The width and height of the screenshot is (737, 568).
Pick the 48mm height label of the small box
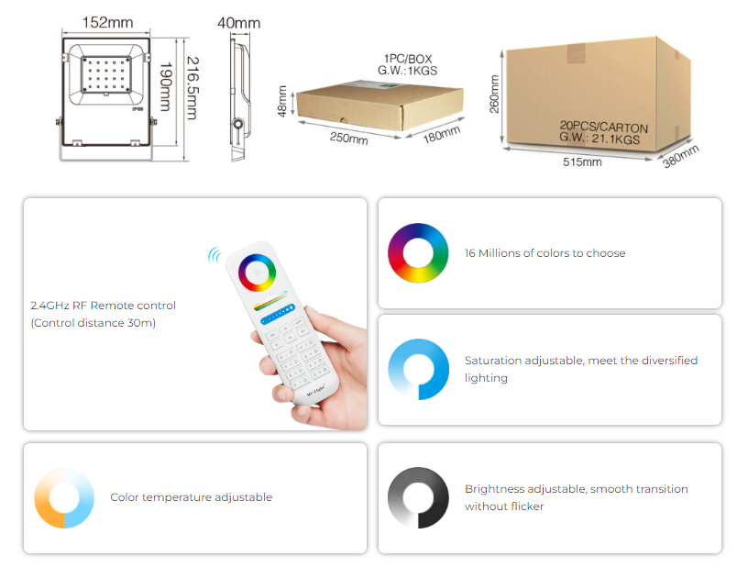click(283, 101)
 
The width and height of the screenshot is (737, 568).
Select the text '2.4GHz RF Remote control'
click(103, 305)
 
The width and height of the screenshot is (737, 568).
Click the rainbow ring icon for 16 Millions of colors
click(418, 252)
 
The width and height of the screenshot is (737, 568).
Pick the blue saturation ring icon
click(418, 369)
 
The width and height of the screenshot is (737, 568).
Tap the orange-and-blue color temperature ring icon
click(65, 497)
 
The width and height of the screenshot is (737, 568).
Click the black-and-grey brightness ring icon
click(418, 497)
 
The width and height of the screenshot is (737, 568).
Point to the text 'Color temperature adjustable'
click(192, 497)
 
